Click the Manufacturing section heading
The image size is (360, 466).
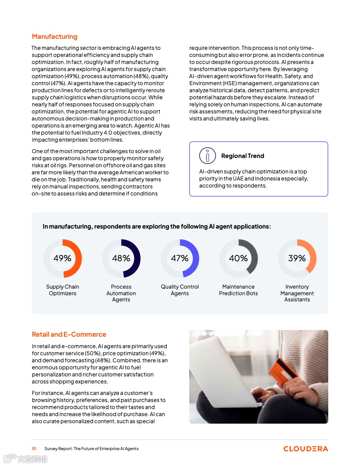pyautogui.click(x=54, y=37)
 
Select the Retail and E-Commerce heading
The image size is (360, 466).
pyautogui.click(x=69, y=334)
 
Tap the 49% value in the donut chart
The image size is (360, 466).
pyautogui.click(x=62, y=258)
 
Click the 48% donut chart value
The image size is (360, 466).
pyautogui.click(x=121, y=258)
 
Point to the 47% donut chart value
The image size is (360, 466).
pyautogui.click(x=180, y=258)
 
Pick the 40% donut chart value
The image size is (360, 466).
pyautogui.click(x=238, y=258)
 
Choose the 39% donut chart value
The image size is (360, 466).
pyautogui.click(x=297, y=258)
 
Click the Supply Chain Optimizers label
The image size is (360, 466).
pyautogui.click(x=63, y=290)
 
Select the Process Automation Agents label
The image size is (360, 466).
pyautogui.click(x=121, y=293)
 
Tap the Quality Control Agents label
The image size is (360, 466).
pyautogui.click(x=180, y=290)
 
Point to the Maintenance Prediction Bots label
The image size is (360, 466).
pyautogui.click(x=238, y=290)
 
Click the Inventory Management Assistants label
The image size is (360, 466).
pyautogui.click(x=297, y=293)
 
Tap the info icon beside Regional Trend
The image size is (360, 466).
pyautogui.click(x=207, y=156)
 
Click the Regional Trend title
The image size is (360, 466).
pyautogui.click(x=243, y=156)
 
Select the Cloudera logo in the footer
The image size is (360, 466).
pyautogui.click(x=305, y=449)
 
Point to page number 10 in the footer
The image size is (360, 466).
pyautogui.click(x=34, y=449)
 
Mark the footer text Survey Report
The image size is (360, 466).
pyautogui.click(x=91, y=449)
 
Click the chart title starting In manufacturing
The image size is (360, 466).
pyautogui.click(x=157, y=226)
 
